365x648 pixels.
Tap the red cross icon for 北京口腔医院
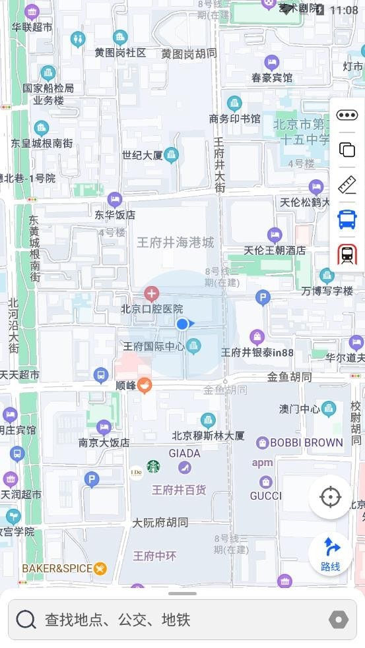[152, 293]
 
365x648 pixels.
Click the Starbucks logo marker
[153, 467]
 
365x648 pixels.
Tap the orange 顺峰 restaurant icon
[145, 385]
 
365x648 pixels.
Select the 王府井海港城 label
[176, 243]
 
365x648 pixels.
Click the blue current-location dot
[182, 324]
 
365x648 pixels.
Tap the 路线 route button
[331, 554]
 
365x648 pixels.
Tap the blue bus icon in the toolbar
[347, 219]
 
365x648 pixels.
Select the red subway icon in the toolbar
[347, 254]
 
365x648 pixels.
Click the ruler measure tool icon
[347, 185]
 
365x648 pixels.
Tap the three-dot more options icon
[347, 115]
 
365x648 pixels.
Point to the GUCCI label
[266, 496]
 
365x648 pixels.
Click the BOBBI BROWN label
[306, 442]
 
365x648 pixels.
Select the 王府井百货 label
[179, 490]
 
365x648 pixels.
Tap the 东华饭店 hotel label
[115, 214]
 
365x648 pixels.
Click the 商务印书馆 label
[234, 119]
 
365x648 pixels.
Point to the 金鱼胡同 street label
[289, 378]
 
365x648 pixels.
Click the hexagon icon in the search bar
[338, 620]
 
